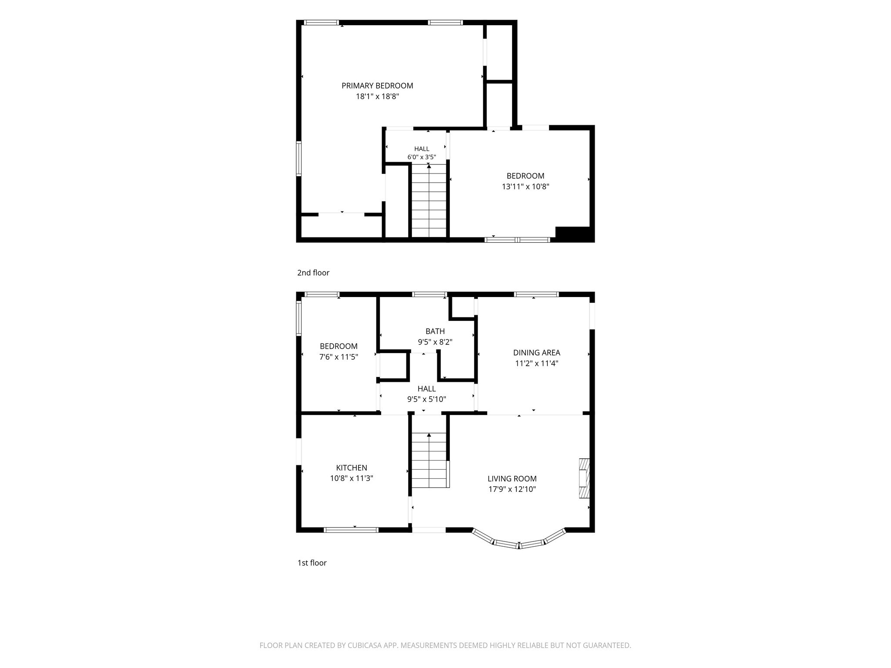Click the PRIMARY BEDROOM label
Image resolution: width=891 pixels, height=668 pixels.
tap(377, 86)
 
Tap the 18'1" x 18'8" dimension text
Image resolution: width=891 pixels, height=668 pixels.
tap(377, 97)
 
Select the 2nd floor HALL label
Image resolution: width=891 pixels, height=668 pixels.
tap(422, 149)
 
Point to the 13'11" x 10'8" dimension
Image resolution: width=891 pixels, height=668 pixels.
tap(526, 187)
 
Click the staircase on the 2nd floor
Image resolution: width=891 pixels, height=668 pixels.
tap(429, 200)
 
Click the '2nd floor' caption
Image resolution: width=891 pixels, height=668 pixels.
tap(313, 273)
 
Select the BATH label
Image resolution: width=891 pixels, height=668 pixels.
tap(435, 331)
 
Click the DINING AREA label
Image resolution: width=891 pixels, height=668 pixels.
tap(536, 353)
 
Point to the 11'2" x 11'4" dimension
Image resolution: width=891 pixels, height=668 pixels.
tap(536, 363)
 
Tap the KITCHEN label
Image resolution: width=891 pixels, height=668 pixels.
tap(352, 468)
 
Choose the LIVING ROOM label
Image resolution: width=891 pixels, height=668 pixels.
tap(512, 479)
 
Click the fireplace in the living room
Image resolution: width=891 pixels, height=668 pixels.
tap(584, 478)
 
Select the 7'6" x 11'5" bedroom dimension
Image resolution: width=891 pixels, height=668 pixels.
tap(339, 357)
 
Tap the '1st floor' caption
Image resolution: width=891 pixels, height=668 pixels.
tap(312, 563)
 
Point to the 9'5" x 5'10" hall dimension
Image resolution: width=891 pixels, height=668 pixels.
tap(427, 399)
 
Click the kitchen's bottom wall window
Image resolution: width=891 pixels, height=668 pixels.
tap(351, 530)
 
